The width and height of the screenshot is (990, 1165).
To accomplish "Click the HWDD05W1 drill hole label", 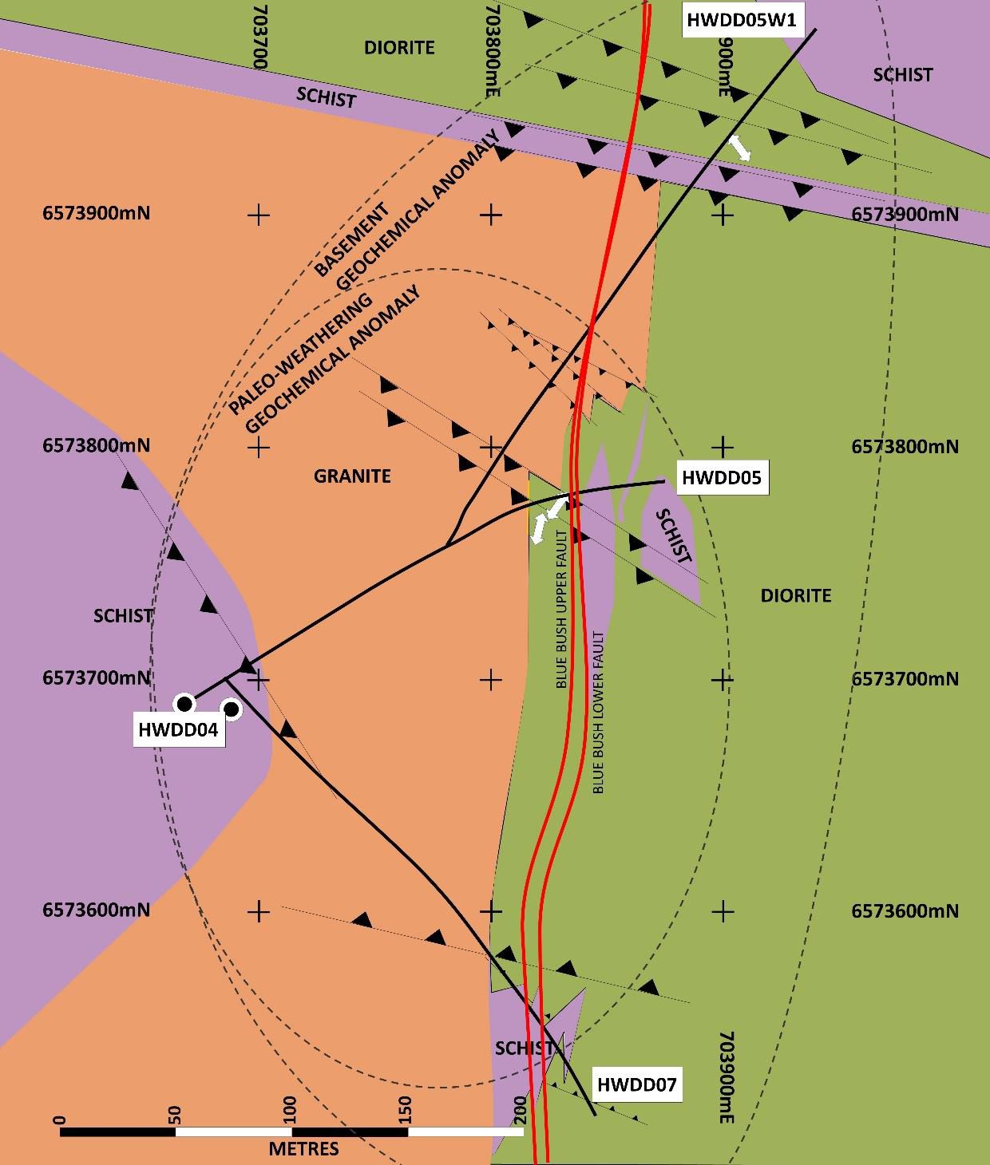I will click(742, 19).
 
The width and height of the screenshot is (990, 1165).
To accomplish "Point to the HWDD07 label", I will click(636, 1084).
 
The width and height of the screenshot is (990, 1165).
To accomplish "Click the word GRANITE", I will click(352, 476).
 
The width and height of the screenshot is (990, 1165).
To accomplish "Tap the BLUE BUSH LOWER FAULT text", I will click(599, 712).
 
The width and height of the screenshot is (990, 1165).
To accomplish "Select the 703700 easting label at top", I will click(259, 49).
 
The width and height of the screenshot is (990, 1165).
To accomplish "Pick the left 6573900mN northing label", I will click(96, 213).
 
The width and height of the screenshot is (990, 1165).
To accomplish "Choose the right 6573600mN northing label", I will click(905, 910).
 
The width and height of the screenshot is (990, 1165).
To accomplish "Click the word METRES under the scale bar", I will click(303, 1149).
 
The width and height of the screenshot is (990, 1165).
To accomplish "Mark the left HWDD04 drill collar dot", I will click(184, 703).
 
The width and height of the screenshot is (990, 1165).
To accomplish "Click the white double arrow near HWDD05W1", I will click(739, 148).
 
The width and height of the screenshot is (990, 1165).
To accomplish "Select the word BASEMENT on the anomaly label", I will click(351, 239).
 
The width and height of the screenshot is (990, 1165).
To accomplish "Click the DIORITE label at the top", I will click(399, 47).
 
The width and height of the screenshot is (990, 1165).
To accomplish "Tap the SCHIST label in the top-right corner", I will click(902, 74).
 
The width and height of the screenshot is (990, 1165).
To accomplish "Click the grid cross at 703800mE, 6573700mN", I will click(491, 679).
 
